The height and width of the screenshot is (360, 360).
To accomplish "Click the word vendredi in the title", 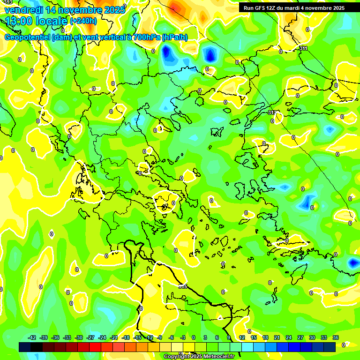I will click(x=23, y=10).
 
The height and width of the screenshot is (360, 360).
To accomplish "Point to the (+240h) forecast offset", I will click(x=83, y=21).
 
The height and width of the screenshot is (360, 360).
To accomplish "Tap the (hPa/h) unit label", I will click(x=175, y=37).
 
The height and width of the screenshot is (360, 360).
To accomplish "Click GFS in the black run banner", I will click(x=260, y=7).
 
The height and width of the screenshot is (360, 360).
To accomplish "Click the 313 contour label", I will click(x=272, y=112).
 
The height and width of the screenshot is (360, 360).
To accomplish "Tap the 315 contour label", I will click(x=182, y=286).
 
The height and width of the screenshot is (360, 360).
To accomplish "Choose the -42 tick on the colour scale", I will click(x=32, y=337).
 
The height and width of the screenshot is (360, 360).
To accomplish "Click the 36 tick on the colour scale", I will click(x=336, y=337).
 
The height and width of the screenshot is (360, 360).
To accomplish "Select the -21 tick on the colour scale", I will click(x=114, y=337).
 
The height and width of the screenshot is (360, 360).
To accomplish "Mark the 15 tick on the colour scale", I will click(x=254, y=337).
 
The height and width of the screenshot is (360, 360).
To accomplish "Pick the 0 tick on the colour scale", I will click(x=194, y=337).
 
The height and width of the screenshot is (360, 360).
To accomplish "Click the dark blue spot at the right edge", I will click(x=353, y=263).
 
